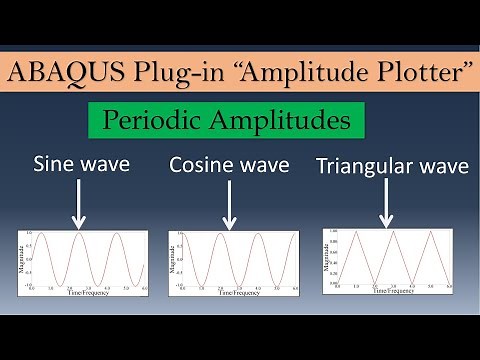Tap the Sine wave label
coord(82,163)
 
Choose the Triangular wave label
coord(392,165)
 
